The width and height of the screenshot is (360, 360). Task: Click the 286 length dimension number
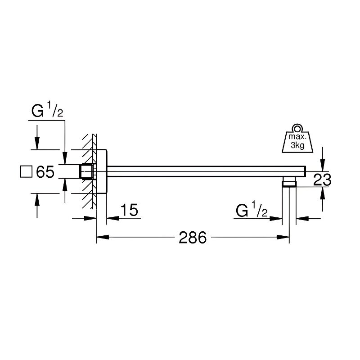(x=193, y=238)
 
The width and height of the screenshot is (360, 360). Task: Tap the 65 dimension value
(x=45, y=171)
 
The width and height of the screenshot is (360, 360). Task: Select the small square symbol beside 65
(x=26, y=171)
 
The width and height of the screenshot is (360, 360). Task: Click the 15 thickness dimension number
(x=130, y=210)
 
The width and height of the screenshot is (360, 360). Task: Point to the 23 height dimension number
(x=322, y=180)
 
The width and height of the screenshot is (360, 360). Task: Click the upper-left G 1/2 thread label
(x=47, y=110)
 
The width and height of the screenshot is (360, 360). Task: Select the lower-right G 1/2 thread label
(x=252, y=209)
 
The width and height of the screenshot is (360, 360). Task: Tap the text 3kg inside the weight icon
(x=297, y=145)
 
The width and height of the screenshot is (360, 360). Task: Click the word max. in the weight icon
(x=297, y=137)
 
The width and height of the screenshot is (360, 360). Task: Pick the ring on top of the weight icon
(x=297, y=127)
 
